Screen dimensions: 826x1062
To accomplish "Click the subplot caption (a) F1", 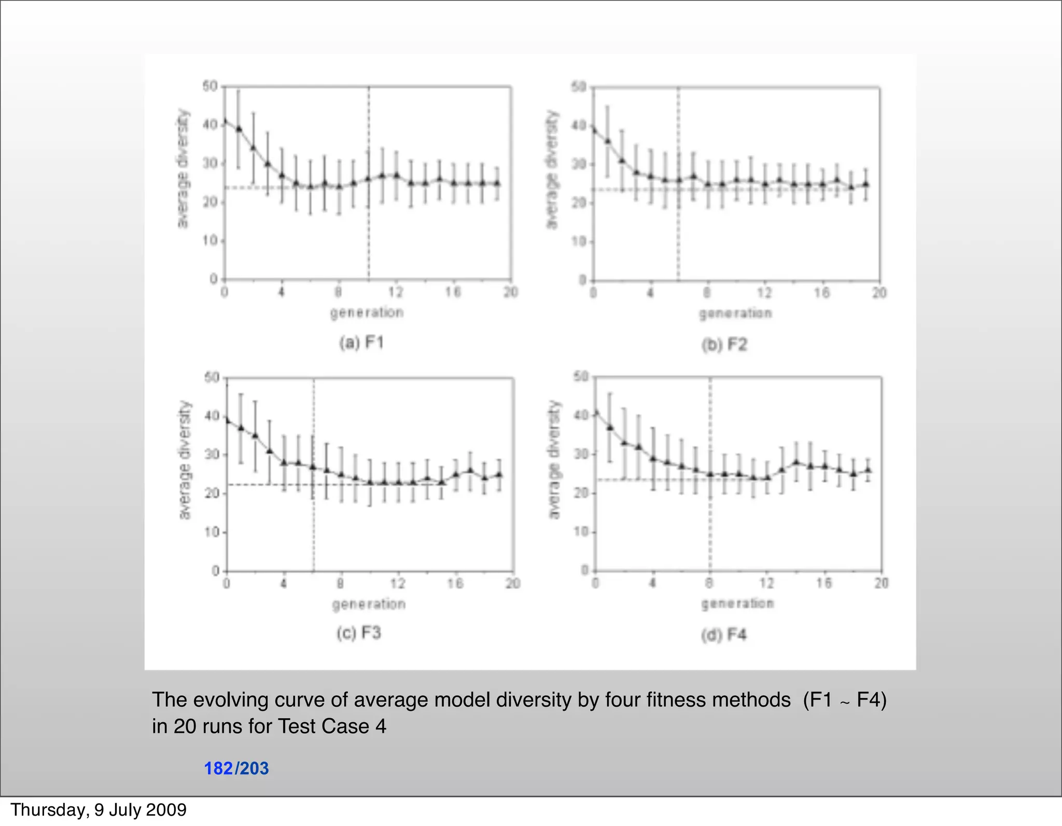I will click(361, 343).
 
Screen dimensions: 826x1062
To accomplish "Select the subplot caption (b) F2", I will click(724, 345).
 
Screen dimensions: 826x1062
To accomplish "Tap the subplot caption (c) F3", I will click(359, 633).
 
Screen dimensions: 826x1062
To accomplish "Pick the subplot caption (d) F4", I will click(724, 635).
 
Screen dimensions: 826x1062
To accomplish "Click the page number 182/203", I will click(236, 768).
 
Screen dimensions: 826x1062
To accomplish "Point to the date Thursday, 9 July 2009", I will click(99, 810).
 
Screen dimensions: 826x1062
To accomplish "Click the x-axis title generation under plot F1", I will click(367, 313).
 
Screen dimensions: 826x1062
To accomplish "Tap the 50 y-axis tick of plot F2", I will click(578, 87).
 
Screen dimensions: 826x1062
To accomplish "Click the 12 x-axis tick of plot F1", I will click(396, 292).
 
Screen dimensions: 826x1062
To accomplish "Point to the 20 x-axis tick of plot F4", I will click(882, 583).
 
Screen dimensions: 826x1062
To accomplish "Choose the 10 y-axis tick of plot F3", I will click(212, 533).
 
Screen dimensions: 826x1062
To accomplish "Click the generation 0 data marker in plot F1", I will click(225, 122).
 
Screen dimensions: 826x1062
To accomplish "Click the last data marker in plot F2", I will click(865, 184).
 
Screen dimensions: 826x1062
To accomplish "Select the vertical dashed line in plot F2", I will click(678, 233).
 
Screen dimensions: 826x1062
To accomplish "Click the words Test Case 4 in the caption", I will click(332, 726).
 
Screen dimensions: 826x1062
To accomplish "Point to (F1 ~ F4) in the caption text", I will click(845, 700).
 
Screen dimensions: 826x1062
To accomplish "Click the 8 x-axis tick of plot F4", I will click(709, 583).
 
